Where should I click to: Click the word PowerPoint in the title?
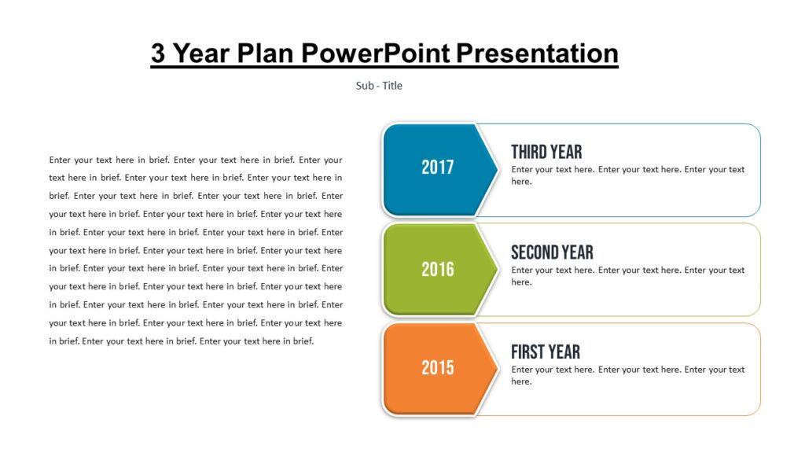tap(376, 53)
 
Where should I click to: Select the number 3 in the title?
tap(158, 53)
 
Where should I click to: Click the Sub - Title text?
tap(379, 86)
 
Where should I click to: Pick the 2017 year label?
tap(438, 168)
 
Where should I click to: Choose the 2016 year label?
tap(438, 270)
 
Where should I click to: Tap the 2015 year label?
tap(438, 368)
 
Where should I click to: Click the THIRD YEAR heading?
tap(546, 152)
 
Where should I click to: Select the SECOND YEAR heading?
tap(552, 252)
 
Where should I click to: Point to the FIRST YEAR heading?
tap(546, 352)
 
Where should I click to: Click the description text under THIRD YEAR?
tap(627, 175)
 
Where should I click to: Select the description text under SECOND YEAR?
tap(627, 276)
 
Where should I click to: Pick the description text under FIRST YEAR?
tap(627, 375)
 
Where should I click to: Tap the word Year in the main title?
tap(201, 53)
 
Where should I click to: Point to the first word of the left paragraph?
tap(60, 160)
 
